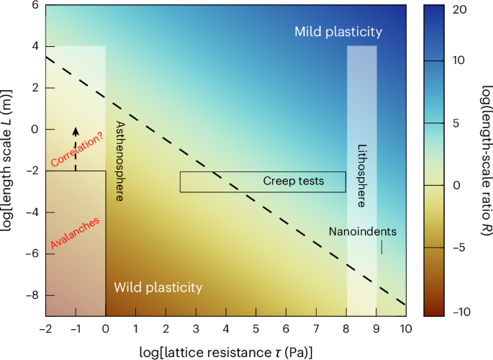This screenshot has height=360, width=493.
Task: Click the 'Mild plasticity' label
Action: click(x=338, y=32)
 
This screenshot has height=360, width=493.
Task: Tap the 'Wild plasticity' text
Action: click(x=158, y=287)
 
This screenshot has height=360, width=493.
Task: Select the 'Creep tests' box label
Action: click(x=293, y=181)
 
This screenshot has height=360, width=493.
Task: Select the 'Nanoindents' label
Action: click(x=362, y=232)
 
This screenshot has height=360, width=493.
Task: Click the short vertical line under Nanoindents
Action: click(x=381, y=247)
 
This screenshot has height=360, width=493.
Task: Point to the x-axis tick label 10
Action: click(x=406, y=328)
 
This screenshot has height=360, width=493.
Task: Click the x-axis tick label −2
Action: click(x=45, y=328)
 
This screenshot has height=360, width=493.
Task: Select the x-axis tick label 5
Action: click(x=255, y=328)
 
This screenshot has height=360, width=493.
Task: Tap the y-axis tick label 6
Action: click(x=33, y=5)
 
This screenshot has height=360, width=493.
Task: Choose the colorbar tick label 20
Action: click(x=460, y=10)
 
